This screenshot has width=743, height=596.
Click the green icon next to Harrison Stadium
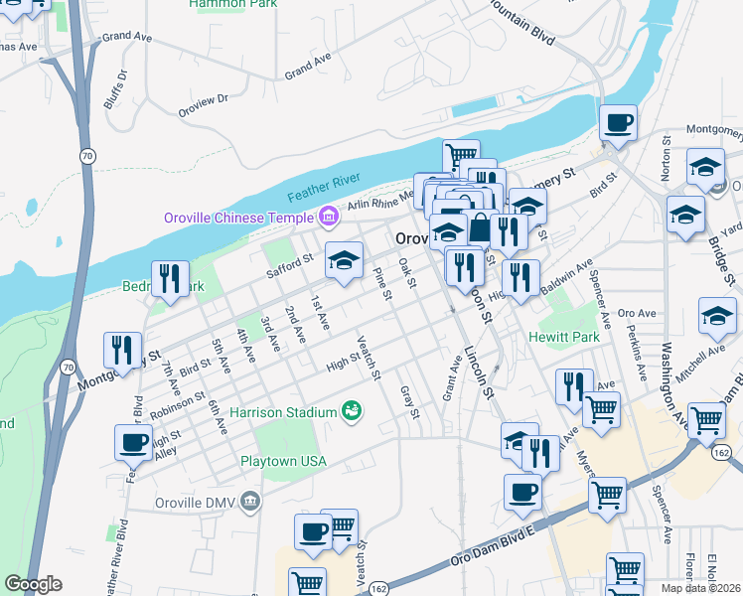351,409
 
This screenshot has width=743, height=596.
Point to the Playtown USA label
283,462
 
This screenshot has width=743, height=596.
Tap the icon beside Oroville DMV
250,499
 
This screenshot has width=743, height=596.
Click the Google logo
33,584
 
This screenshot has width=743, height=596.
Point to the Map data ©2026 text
700,588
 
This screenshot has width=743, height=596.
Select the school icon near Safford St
344,262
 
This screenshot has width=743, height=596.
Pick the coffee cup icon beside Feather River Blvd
133,442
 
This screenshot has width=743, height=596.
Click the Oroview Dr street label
204,99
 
